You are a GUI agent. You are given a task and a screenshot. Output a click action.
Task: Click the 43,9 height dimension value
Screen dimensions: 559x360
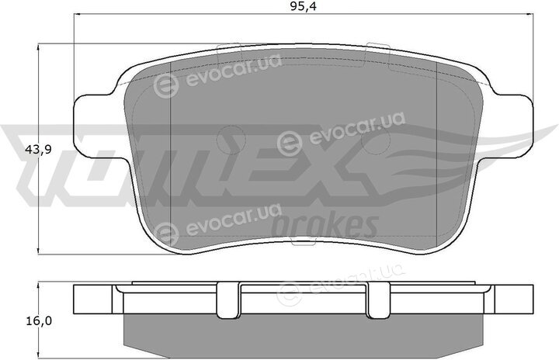[x=39, y=150]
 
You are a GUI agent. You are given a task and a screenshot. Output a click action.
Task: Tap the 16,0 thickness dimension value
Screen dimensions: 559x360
[x=39, y=321]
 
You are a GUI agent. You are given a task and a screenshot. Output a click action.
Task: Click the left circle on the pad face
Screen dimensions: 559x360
[x=231, y=140]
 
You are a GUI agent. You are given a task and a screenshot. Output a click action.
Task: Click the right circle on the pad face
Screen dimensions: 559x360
[x=376, y=140]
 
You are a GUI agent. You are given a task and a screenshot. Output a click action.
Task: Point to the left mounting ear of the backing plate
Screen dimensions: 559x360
[x=93, y=126]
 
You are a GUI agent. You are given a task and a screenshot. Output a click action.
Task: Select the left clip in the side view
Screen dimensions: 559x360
[x=228, y=299]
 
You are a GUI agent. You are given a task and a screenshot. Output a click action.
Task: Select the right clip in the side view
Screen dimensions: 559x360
[x=378, y=299]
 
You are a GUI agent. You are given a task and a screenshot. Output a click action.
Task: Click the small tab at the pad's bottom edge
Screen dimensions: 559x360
[x=303, y=242]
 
